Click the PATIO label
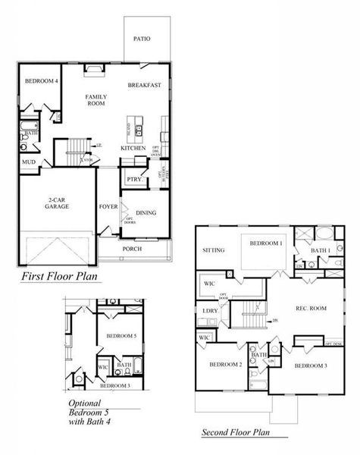(141, 38)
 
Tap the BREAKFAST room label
(144, 86)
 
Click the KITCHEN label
(133, 148)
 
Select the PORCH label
(132, 249)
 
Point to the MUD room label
(28, 162)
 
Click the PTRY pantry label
(134, 180)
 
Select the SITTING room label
(214, 250)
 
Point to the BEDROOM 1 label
(265, 243)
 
